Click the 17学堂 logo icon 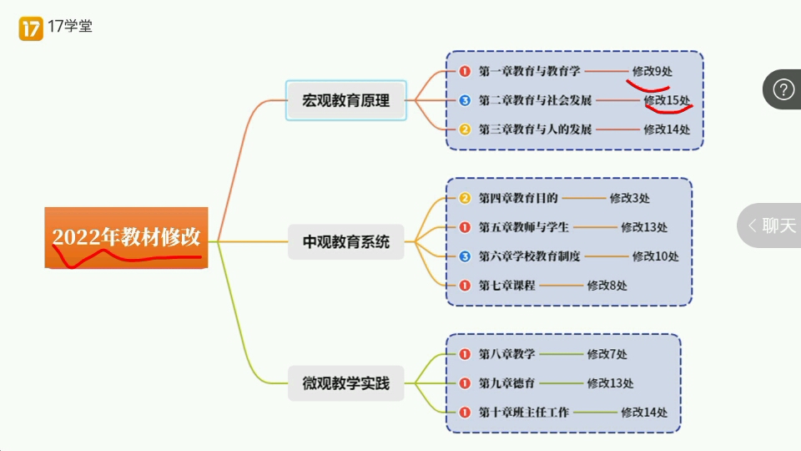pyautogui.click(x=31, y=28)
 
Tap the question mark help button pyautogui.click(x=783, y=89)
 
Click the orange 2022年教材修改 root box pyautogui.click(x=126, y=237)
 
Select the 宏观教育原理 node pyautogui.click(x=345, y=101)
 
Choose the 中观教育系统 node pyautogui.click(x=345, y=242)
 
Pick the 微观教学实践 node pyautogui.click(x=345, y=384)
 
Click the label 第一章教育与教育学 pyautogui.click(x=529, y=72)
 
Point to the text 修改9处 pyautogui.click(x=652, y=72)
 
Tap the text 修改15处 pyautogui.click(x=667, y=101)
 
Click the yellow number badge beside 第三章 pyautogui.click(x=465, y=129)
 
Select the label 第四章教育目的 pyautogui.click(x=517, y=198)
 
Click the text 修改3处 pyautogui.click(x=629, y=198)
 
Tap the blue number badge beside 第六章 pyautogui.click(x=465, y=256)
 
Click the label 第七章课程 pyautogui.click(x=506, y=286)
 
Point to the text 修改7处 pyautogui.click(x=607, y=354)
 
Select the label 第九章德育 pyautogui.click(x=506, y=383)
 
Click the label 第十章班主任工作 pyautogui.click(x=523, y=413)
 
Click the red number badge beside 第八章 pyautogui.click(x=465, y=354)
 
